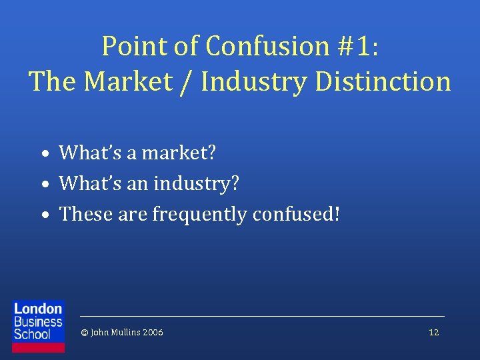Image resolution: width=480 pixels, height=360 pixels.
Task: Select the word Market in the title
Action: pyautogui.click(x=134, y=82)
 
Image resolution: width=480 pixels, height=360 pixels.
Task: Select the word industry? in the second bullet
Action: pyautogui.click(x=196, y=183)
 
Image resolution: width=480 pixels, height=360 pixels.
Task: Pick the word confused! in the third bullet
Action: pyautogui.click(x=297, y=214)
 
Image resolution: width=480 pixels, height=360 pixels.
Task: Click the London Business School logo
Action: pyautogui.click(x=39, y=321)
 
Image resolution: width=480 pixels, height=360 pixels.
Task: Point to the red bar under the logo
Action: pyautogui.click(x=39, y=347)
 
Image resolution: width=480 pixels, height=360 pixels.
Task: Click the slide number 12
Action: pyautogui.click(x=434, y=332)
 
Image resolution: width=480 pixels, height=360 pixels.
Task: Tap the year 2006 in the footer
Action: pyautogui.click(x=153, y=332)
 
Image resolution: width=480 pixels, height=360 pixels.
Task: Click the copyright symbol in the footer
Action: pyautogui.click(x=84, y=332)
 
